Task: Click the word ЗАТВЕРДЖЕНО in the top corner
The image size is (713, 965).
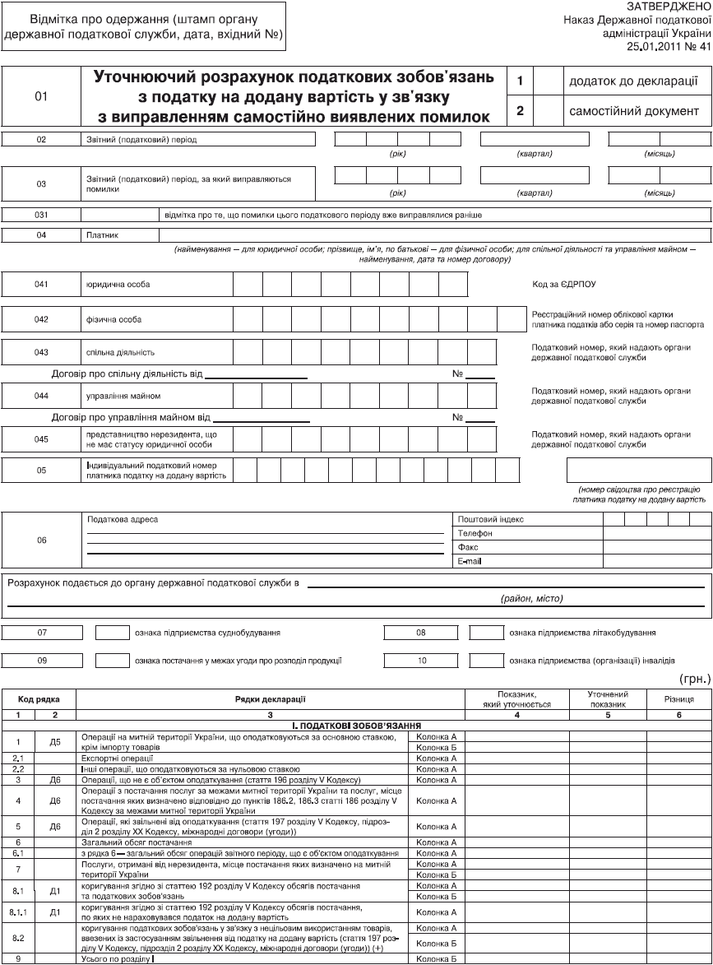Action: point(669,6)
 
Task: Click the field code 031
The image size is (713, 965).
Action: point(42,215)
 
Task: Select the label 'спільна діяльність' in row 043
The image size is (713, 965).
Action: point(120,352)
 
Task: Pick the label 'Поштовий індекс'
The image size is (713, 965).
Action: point(489,519)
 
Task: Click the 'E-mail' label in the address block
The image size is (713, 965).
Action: point(469,560)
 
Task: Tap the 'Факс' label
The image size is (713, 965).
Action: point(467,546)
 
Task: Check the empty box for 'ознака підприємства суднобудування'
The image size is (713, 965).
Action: point(112,633)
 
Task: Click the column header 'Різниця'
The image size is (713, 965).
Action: point(679,698)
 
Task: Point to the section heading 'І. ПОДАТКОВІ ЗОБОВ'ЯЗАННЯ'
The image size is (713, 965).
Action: point(356,726)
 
